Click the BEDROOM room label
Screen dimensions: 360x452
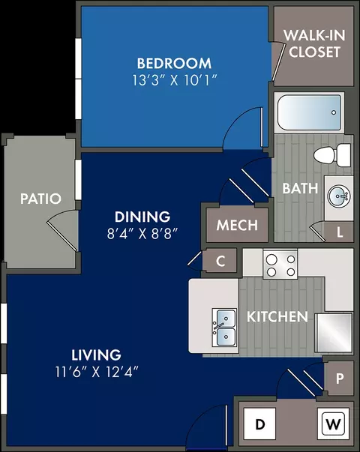click(174, 64)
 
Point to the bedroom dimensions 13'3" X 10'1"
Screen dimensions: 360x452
click(174, 80)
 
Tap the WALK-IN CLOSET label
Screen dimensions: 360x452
click(314, 43)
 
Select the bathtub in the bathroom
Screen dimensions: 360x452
click(309, 112)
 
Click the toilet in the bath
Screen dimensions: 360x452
click(332, 155)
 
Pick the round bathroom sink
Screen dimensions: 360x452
click(339, 196)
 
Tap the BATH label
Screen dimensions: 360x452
click(300, 189)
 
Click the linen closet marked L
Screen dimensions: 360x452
click(339, 232)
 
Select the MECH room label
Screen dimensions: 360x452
click(237, 225)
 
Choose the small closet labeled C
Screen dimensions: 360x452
click(220, 261)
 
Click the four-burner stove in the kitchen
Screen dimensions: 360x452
click(280, 264)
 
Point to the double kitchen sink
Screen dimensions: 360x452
click(224, 327)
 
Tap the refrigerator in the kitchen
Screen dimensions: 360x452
click(334, 333)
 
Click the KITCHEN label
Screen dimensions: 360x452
click(277, 317)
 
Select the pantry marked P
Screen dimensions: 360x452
click(339, 379)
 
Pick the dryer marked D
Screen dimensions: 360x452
click(260, 424)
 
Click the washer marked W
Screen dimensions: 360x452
click(333, 424)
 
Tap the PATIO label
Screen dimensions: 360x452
click(41, 199)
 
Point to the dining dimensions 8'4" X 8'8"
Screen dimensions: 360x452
click(142, 233)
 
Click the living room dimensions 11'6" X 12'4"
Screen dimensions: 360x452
click(97, 372)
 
